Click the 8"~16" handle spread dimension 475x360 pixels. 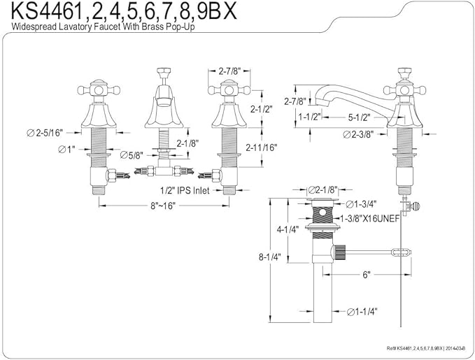click(x=163, y=206)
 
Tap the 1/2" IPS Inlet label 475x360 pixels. click(x=185, y=190)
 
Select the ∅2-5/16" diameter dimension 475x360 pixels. click(x=45, y=133)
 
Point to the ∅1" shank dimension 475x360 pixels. click(x=66, y=150)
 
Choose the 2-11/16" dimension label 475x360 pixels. click(x=262, y=147)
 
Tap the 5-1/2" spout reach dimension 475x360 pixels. click(x=360, y=117)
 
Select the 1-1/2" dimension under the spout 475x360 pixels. click(x=309, y=117)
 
